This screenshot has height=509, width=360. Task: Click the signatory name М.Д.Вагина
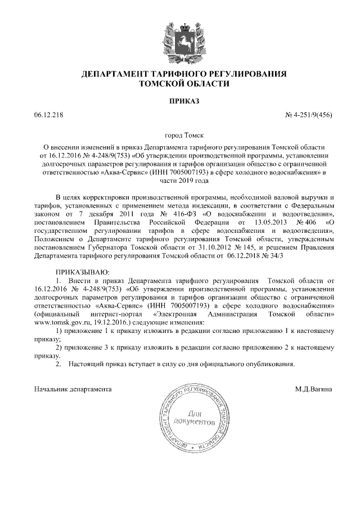tap(313, 389)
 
